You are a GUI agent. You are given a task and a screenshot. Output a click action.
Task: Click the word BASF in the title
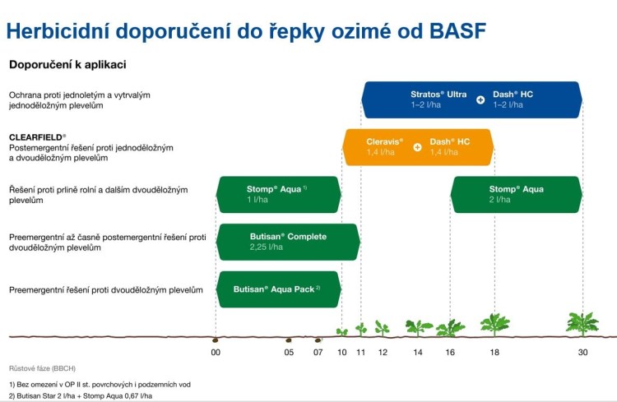457,31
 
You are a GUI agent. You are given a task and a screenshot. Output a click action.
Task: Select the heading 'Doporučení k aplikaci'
67,65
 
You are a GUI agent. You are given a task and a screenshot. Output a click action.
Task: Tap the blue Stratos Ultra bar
471,100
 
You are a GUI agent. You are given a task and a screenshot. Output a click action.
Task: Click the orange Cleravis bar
418,147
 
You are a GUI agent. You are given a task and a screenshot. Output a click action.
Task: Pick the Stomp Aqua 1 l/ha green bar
279,195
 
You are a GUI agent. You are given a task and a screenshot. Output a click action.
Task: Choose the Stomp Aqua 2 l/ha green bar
517,195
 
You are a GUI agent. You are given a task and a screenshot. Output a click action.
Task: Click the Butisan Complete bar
288,242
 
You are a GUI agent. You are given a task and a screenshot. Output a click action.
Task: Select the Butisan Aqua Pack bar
279,289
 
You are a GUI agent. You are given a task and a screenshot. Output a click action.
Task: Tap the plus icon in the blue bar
480,100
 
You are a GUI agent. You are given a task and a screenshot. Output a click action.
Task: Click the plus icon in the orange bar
417,147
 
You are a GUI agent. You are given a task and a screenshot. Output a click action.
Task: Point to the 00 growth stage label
216,353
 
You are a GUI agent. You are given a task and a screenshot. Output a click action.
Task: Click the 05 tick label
289,353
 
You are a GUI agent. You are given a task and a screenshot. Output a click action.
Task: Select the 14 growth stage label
417,353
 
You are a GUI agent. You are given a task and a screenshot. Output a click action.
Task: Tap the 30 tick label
582,353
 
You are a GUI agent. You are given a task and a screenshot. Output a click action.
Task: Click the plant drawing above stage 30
582,324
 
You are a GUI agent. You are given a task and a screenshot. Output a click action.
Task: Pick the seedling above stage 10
341,332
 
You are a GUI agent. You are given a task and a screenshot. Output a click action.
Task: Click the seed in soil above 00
216,340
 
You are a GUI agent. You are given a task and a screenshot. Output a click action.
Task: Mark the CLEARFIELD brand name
37,137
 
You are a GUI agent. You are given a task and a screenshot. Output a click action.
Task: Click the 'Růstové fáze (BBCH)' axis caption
42,368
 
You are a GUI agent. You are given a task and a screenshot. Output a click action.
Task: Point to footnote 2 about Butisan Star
81,395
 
